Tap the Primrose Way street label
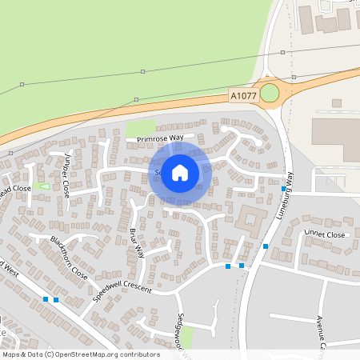(160, 138)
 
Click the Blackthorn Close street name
(69, 256)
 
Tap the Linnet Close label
(323, 234)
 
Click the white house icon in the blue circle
(180, 173)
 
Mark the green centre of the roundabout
(270, 94)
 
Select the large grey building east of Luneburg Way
(336, 140)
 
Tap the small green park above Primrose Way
(141, 128)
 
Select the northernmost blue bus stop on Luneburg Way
(283, 190)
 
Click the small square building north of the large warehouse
(336, 103)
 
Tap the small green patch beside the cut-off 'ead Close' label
(41, 186)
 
